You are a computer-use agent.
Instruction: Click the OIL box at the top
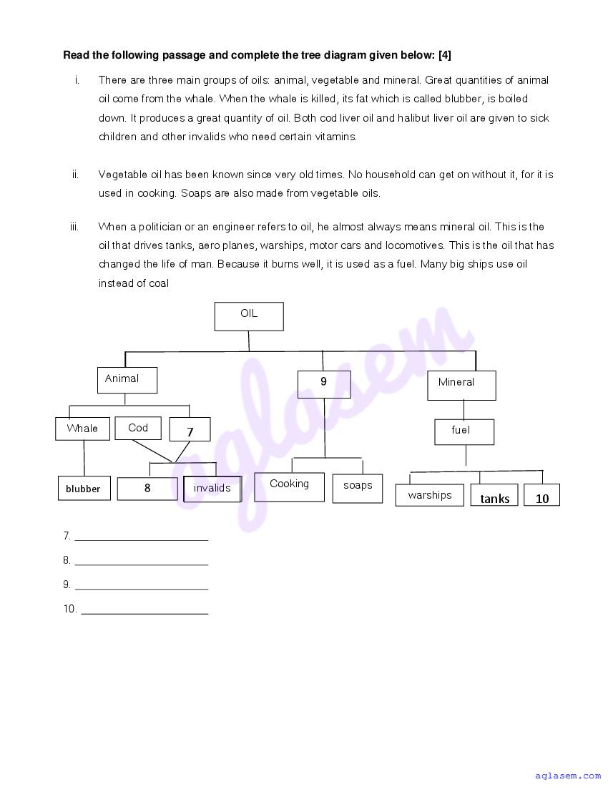[x=249, y=316]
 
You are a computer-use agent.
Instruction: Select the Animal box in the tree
[x=127, y=380]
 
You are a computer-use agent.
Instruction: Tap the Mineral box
[x=461, y=385]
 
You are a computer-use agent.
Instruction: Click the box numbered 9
[x=324, y=383]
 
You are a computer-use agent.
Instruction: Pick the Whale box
[x=83, y=429]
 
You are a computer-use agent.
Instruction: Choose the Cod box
[x=139, y=428]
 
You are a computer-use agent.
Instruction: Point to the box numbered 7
[x=190, y=430]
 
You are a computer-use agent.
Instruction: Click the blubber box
[x=84, y=489]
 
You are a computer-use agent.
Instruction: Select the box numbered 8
[x=147, y=489]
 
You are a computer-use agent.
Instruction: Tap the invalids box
[x=212, y=489]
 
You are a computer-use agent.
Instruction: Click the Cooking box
[x=290, y=487]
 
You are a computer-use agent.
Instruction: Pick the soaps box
[x=358, y=487]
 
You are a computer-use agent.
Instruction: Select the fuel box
[x=464, y=431]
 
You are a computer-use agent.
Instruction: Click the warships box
[x=430, y=495]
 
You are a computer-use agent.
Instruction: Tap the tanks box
[x=495, y=496]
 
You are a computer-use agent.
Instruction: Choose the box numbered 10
[x=542, y=496]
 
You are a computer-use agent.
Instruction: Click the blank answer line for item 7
[x=141, y=537]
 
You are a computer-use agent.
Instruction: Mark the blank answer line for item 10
[x=144, y=610]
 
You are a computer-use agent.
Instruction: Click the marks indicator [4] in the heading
[x=443, y=55]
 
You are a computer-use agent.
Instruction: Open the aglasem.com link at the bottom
[x=568, y=776]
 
